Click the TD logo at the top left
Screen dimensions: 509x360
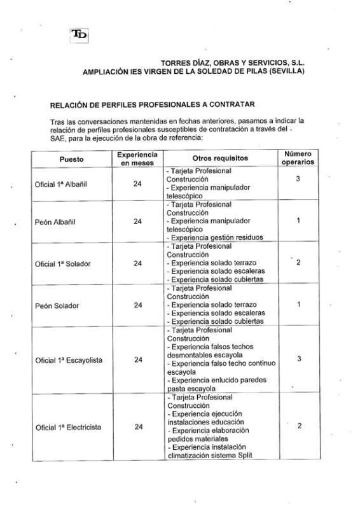[80, 36]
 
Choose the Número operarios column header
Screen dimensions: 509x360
[298, 158]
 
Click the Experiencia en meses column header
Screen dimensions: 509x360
[138, 158]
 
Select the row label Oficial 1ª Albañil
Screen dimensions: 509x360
[61, 185]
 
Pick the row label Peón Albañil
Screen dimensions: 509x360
[57, 221]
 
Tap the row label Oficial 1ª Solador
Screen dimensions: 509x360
[61, 263]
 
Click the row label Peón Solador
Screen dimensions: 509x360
[57, 305]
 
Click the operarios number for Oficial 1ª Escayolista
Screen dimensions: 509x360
[298, 359]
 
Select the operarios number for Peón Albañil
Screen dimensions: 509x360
[298, 220]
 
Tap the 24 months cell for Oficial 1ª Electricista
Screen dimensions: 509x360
[138, 426]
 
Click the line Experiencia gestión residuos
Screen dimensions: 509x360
[206, 237]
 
